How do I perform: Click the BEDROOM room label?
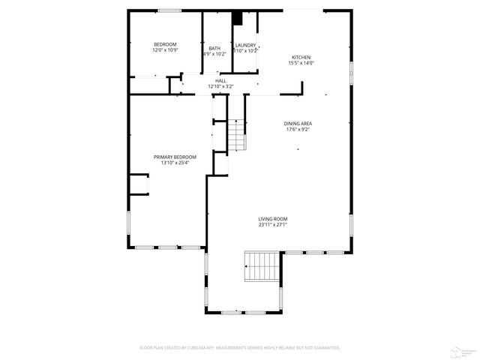point(164,45)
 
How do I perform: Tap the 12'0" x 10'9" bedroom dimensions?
point(164,51)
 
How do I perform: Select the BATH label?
point(214,49)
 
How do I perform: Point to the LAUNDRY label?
point(245,45)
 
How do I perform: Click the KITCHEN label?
point(301,58)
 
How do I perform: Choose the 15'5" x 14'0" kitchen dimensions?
point(301,64)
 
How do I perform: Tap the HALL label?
point(220,81)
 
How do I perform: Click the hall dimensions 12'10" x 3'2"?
point(220,87)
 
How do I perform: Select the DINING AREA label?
point(298,124)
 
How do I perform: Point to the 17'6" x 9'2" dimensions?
point(298,130)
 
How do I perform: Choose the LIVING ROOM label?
point(273,218)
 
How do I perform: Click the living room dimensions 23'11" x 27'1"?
point(273,224)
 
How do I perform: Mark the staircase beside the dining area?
point(237,134)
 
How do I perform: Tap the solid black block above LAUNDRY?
point(238,18)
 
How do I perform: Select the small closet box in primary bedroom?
point(139,184)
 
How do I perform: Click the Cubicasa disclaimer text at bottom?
point(240,348)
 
